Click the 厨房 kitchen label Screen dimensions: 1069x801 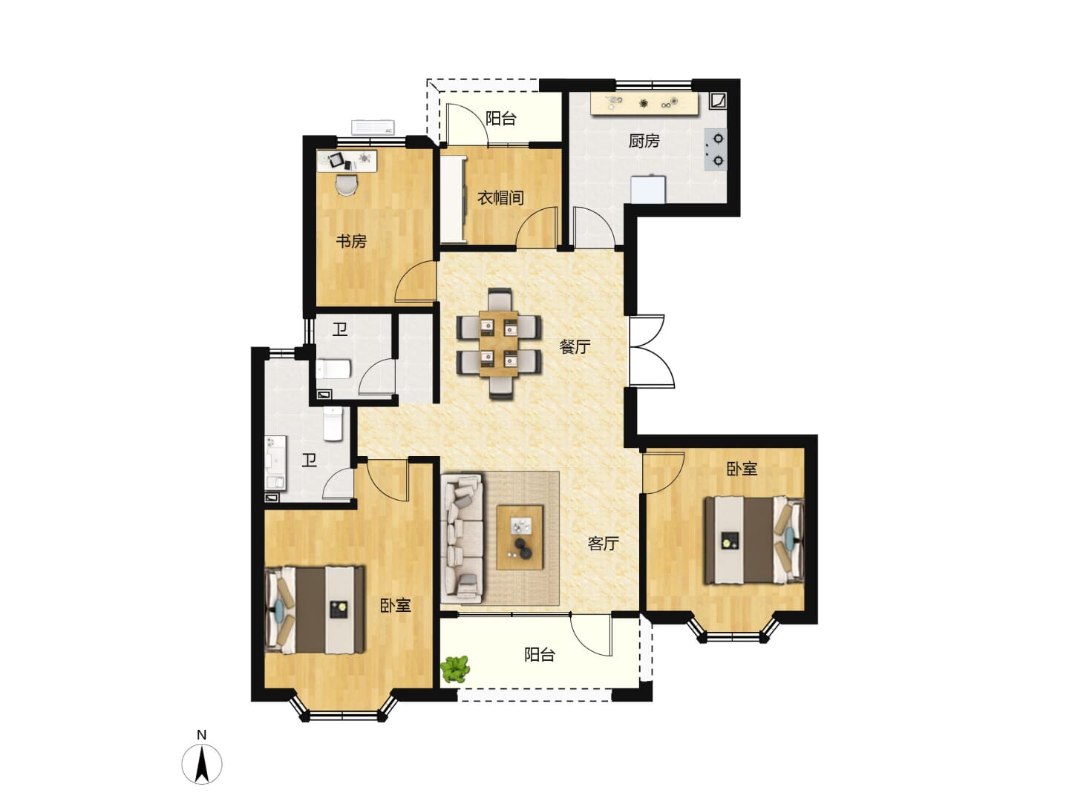tap(644, 141)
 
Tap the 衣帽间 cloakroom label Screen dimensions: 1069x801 tap(500, 198)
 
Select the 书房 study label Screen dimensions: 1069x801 tap(350, 241)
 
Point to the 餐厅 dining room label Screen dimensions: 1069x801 tap(574, 347)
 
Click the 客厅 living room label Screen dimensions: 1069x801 tap(603, 543)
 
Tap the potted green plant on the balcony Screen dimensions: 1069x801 tap(455, 669)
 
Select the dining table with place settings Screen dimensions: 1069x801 tap(499, 343)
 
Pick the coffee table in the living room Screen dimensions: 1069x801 tap(519, 537)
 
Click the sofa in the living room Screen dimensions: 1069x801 tap(462, 538)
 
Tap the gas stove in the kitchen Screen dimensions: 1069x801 tap(716, 149)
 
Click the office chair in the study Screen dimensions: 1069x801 tap(347, 185)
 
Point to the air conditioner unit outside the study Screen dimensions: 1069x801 tap(373, 128)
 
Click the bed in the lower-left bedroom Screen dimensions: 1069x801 tap(315, 610)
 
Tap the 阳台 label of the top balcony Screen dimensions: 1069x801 tap(500, 118)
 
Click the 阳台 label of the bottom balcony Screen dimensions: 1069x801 tap(540, 655)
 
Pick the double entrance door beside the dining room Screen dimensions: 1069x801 tap(652, 351)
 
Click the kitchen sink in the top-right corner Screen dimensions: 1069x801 tap(719, 101)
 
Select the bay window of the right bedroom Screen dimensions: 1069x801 tap(733, 633)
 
